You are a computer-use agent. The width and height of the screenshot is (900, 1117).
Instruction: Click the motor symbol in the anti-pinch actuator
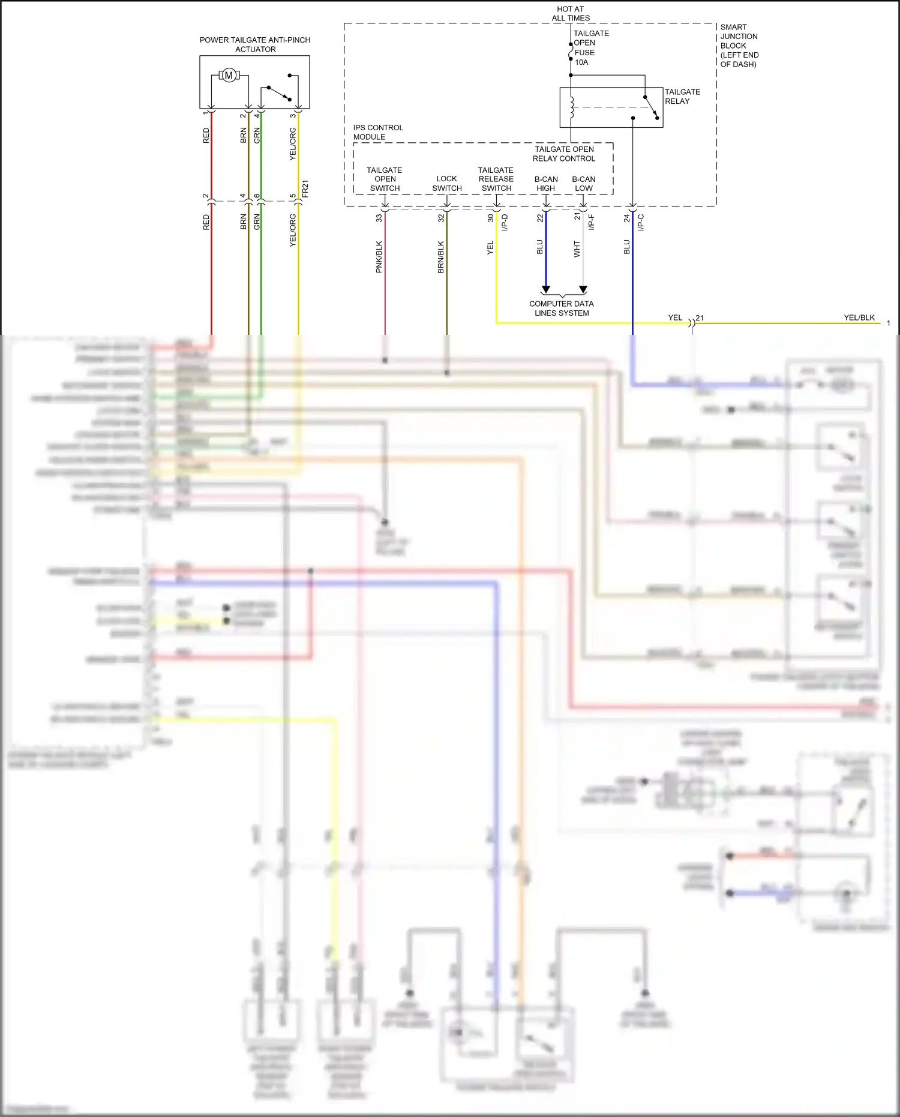click(228, 76)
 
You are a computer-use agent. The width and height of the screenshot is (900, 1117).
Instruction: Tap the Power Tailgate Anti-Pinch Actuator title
click(255, 44)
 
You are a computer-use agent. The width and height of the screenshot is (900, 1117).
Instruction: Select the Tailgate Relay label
click(682, 97)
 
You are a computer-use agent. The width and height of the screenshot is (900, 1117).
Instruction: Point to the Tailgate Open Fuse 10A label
click(590, 48)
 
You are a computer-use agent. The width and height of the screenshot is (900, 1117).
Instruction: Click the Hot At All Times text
click(570, 14)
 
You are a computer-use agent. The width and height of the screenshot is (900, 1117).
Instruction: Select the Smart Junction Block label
click(739, 46)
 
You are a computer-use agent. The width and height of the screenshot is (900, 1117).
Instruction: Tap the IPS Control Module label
click(377, 132)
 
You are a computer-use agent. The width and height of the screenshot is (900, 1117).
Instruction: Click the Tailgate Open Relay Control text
click(564, 154)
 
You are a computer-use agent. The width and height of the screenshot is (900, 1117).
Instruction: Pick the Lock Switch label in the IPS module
click(446, 184)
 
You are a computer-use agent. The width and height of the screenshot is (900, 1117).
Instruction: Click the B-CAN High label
click(546, 184)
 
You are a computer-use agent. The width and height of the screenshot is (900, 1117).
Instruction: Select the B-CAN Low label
click(583, 184)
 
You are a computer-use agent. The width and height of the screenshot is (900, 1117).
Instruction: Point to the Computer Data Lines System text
click(562, 309)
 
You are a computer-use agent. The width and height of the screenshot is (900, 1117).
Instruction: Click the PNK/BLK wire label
click(379, 257)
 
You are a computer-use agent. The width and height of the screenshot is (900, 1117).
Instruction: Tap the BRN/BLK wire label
click(441, 257)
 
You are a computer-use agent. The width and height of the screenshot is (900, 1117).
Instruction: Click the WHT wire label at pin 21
click(577, 249)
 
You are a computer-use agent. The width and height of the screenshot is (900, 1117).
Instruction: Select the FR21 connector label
click(305, 188)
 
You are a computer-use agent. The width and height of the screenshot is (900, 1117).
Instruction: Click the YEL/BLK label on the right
click(859, 318)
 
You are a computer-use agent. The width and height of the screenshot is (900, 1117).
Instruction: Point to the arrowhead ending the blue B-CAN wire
click(546, 290)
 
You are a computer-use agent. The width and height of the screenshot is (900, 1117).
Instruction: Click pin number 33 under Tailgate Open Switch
click(379, 218)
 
